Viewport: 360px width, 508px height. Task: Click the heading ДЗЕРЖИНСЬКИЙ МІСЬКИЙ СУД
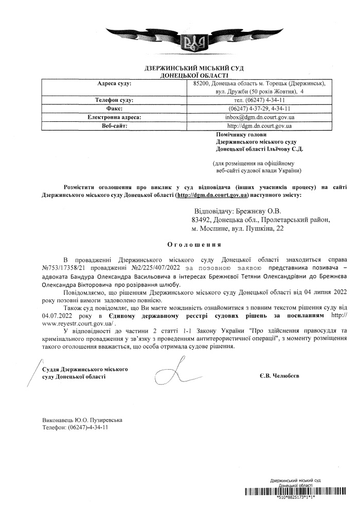click(194, 68)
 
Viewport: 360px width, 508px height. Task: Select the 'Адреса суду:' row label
click(114, 83)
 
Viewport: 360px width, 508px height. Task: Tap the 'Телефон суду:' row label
click(114, 100)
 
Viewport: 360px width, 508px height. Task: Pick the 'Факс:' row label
click(114, 108)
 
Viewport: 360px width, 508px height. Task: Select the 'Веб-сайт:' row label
click(114, 125)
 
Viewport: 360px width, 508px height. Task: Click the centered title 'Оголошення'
click(194, 245)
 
